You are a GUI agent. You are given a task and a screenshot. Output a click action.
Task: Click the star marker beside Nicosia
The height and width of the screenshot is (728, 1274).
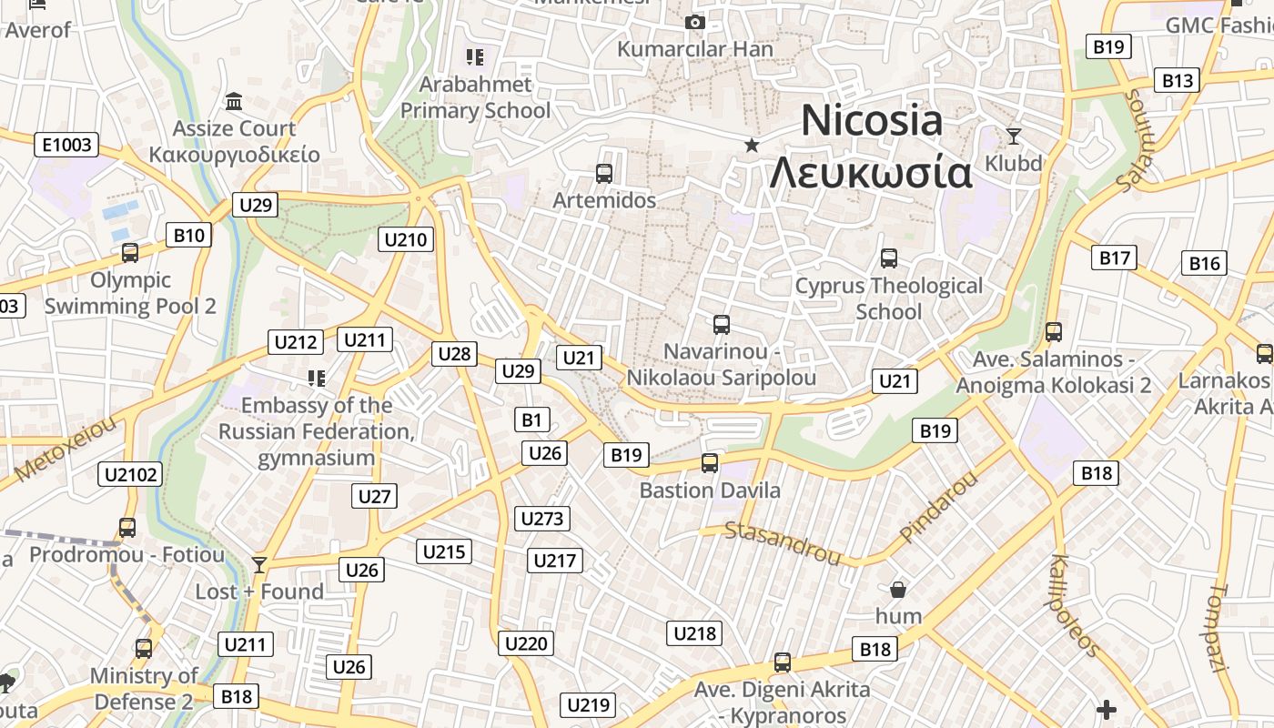(752, 145)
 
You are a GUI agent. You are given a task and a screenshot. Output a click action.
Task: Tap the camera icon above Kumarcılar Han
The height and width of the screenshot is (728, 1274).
(695, 22)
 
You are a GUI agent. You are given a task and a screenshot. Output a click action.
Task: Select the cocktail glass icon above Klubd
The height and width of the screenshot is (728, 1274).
(1014, 136)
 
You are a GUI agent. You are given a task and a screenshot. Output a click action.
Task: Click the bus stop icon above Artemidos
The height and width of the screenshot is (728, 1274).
(603, 173)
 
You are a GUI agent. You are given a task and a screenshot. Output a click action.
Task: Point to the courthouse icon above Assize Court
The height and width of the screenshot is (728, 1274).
(234, 101)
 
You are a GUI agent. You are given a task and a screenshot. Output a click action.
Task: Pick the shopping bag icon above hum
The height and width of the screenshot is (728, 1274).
(898, 590)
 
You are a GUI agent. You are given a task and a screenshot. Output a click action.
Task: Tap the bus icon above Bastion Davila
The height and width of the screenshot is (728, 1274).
(710, 463)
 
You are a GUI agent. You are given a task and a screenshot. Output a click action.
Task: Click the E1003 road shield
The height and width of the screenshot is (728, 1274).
(66, 144)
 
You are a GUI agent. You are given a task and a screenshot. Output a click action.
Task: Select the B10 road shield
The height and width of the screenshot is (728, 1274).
(189, 236)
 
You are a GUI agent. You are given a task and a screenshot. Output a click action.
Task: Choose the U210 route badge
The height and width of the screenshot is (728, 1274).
(406, 239)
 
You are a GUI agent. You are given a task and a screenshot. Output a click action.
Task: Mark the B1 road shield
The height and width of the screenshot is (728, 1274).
(532, 420)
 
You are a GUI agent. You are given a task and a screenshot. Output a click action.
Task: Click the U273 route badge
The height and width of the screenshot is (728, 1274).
(542, 519)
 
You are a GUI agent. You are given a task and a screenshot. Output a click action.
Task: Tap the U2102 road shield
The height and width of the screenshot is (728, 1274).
(132, 473)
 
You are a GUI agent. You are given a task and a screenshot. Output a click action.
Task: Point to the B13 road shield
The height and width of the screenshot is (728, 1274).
(1177, 80)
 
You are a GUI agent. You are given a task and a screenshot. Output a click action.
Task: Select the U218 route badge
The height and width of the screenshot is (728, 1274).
(694, 633)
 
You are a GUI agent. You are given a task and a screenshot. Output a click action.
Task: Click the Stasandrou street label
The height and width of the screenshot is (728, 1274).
(783, 541)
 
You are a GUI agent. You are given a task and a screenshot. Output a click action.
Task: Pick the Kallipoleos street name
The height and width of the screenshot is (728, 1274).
(1075, 605)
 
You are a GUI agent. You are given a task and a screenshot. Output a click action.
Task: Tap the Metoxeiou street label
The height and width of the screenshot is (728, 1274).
(66, 450)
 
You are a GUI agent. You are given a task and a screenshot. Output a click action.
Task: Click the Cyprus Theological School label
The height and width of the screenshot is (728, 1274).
(889, 298)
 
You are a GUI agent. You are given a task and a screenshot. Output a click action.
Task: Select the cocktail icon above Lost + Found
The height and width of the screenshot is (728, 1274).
(259, 565)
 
